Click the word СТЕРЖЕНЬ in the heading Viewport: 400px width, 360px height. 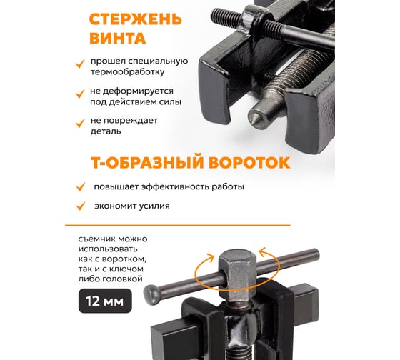coord(136,19)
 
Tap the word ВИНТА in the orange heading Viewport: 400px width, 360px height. coord(118,39)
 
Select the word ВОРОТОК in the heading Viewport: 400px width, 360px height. coord(249,162)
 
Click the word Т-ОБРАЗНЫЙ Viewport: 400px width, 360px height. coord(148,162)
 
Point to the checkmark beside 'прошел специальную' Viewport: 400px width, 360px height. coord(80,64)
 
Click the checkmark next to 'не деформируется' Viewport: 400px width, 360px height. coord(80,94)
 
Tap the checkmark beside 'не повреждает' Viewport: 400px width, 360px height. coord(80,124)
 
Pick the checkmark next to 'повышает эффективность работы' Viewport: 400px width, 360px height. coord(81,186)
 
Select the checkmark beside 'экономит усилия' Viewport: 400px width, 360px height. coord(81,206)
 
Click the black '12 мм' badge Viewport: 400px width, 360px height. coord(105,301)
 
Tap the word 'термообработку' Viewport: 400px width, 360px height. coord(128,72)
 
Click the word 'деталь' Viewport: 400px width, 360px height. coord(106,131)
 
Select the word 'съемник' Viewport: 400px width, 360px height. coord(94,239)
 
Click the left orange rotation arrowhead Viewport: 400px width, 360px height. coord(210,258)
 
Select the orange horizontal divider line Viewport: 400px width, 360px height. coord(178,225)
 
